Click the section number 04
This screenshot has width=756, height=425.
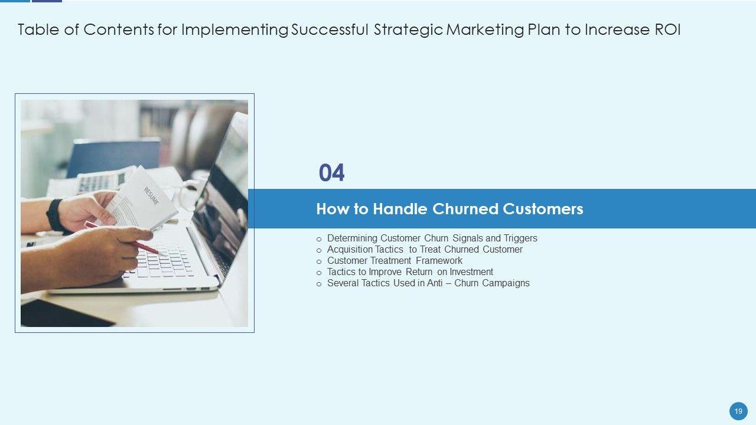coord(331,173)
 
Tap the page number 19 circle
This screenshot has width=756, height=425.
coord(738,411)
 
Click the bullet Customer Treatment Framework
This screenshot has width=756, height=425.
coord(395,261)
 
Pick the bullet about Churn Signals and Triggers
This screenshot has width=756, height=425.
coord(432,238)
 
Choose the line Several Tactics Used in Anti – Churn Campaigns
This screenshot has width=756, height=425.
coord(428,283)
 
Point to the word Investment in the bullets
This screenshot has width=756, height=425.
coord(471,272)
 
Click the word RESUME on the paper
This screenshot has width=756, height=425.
coord(151,196)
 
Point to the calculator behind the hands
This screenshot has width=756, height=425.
coord(101,182)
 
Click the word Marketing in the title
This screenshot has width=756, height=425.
coord(485,30)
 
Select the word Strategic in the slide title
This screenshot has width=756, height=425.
coord(408,30)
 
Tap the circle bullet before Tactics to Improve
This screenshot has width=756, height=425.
coord(319,273)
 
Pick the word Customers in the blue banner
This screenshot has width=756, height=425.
coord(543,209)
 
